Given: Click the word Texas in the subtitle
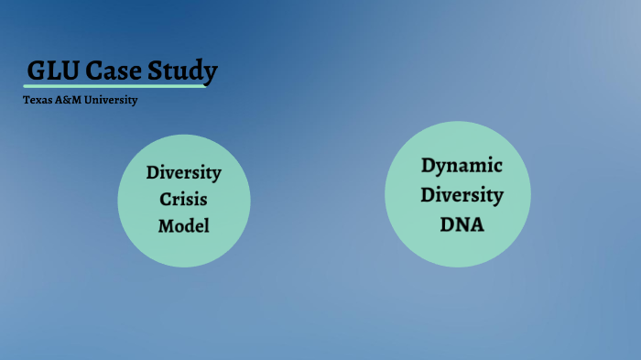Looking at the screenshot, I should click(x=37, y=100).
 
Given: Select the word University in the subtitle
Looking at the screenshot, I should click(x=111, y=100).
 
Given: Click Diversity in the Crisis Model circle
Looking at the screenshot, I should click(x=184, y=172).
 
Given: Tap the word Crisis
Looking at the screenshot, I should click(x=184, y=199).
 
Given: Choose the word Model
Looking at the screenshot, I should click(x=184, y=225).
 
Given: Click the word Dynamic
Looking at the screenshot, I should click(x=462, y=166).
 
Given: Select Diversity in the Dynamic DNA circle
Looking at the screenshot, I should click(x=462, y=195).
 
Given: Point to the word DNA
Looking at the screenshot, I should click(x=462, y=224).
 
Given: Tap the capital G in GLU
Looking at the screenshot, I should click(x=36, y=71).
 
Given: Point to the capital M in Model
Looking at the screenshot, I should click(x=165, y=225).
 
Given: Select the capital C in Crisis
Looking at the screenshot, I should click(x=166, y=199).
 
